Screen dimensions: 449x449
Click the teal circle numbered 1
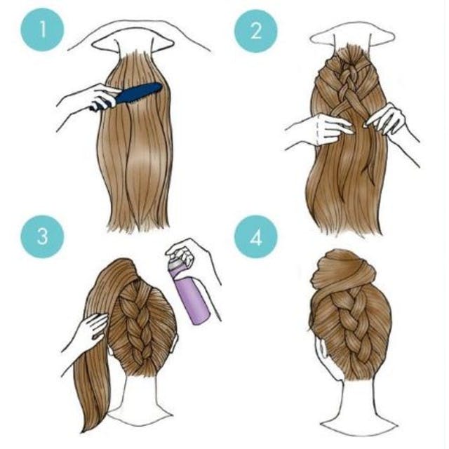pos(42,29)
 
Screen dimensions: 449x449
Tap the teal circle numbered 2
pos(256,31)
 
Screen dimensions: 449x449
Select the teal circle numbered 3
pos(42,237)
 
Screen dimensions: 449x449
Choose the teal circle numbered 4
pos(256,237)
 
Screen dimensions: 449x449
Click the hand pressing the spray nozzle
pos(186,253)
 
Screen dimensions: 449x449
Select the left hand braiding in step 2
pos(323,129)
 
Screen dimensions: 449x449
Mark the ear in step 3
pos(175,344)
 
